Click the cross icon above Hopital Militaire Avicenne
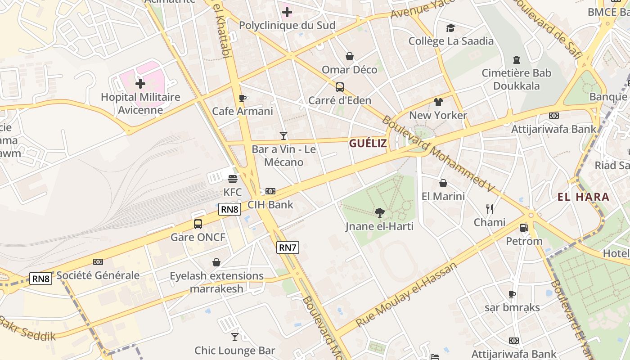click(x=140, y=83)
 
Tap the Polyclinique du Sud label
click(x=287, y=25)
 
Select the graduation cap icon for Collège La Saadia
click(x=450, y=28)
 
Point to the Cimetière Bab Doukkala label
click(x=516, y=79)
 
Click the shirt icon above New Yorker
click(x=438, y=102)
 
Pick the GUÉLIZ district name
click(x=368, y=144)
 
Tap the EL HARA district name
click(x=583, y=197)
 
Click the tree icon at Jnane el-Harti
click(x=379, y=212)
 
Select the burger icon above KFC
click(x=232, y=179)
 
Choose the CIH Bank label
click(x=270, y=205)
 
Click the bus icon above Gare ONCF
click(x=198, y=224)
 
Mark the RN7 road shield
click(x=288, y=247)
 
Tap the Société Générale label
click(x=98, y=275)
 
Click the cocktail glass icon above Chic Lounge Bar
click(x=234, y=337)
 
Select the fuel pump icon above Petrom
click(x=524, y=228)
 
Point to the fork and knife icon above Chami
click(x=490, y=209)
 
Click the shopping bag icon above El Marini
click(x=443, y=183)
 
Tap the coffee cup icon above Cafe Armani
click(x=242, y=98)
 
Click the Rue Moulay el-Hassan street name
click(x=406, y=295)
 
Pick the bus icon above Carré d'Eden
click(x=339, y=87)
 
